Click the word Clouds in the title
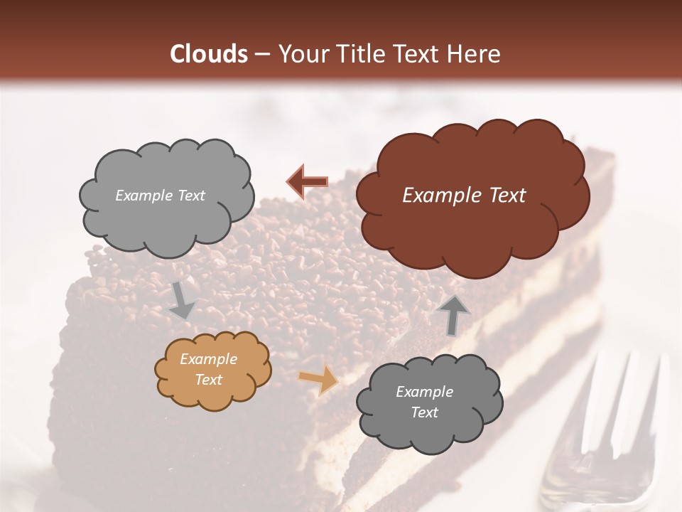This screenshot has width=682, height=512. click(x=208, y=54)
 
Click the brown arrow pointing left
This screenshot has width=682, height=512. click(x=308, y=181)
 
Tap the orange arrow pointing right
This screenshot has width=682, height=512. click(x=318, y=380)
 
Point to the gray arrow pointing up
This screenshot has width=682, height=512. click(x=453, y=314)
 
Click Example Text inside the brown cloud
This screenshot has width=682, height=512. click(x=464, y=195)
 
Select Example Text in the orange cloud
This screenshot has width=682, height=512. click(x=208, y=369)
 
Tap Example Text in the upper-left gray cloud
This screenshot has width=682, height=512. click(x=160, y=196)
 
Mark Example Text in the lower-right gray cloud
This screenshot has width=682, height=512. click(x=424, y=402)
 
